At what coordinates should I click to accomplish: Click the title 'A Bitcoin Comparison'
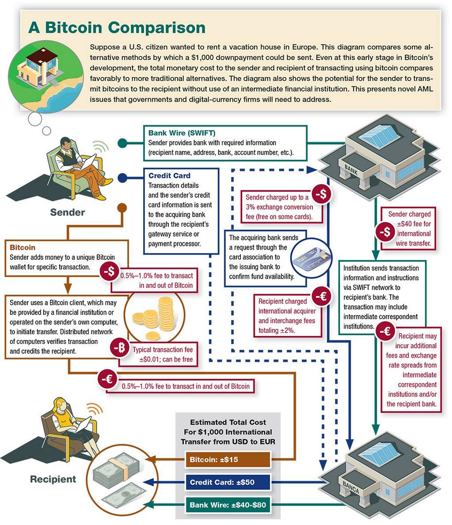(117, 27)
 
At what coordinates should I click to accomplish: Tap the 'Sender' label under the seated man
(67, 212)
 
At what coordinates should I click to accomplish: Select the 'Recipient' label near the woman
(53, 479)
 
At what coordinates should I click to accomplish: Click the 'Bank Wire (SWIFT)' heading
(182, 133)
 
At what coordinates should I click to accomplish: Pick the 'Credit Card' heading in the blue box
(169, 176)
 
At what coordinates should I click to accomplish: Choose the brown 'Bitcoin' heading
(23, 247)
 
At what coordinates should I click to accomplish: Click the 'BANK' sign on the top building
(351, 170)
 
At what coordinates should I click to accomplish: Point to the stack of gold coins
(153, 317)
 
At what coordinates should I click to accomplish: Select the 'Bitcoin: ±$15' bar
(228, 459)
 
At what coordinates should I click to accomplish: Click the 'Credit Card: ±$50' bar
(228, 482)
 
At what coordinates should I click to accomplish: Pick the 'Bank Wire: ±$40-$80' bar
(228, 505)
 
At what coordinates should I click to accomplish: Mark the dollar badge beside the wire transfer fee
(385, 232)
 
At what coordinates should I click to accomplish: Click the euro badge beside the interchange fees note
(322, 297)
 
